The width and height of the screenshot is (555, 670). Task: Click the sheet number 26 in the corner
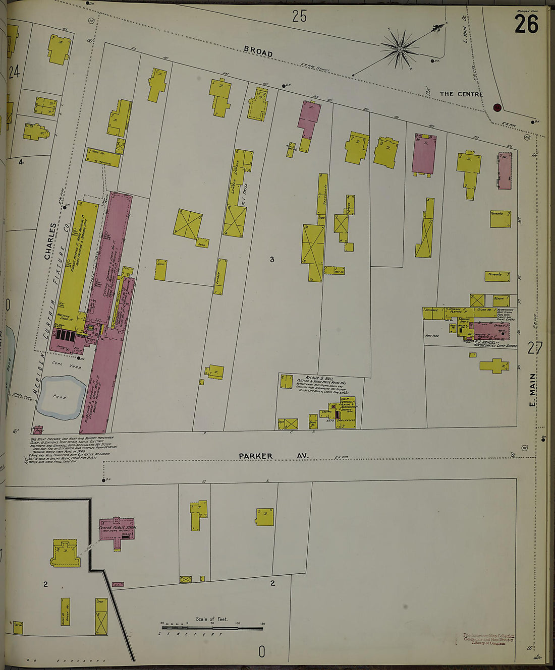point(526,24)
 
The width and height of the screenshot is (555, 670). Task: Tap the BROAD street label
point(258,51)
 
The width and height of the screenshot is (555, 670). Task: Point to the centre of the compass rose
point(400,49)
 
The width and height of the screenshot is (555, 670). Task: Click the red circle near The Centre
point(497,107)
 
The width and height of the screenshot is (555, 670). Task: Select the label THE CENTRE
point(461,94)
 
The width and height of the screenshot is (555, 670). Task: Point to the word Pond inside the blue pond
point(60,397)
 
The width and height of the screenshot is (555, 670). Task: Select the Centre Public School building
point(117,529)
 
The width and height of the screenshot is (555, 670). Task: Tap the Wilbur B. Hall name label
point(319,378)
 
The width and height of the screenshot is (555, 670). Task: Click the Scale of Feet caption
point(211,619)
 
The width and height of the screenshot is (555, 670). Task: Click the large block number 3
point(271,260)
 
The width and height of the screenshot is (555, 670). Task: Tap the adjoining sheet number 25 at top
point(299,17)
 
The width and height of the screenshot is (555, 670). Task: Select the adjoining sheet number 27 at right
point(534,348)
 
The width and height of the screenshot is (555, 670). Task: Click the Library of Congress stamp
point(488,639)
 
